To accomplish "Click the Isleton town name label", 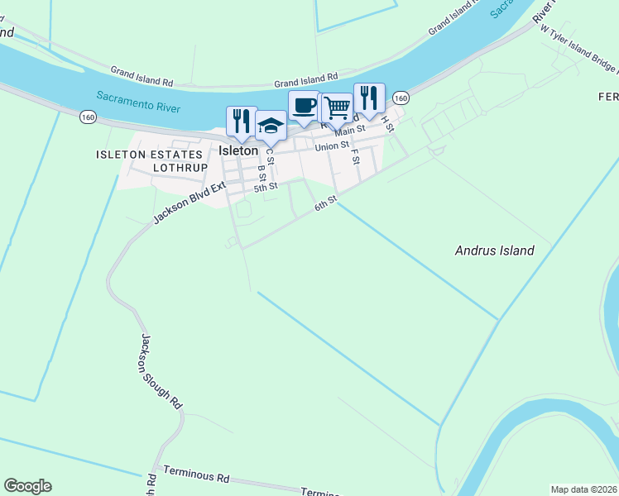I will tap(238, 151).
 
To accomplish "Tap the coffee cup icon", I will tap(304, 105).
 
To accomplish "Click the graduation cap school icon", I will tap(271, 126).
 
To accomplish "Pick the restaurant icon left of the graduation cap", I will tap(242, 121).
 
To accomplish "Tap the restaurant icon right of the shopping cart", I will tap(369, 98).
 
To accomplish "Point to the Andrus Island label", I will tap(495, 250).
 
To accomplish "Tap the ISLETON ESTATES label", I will tap(149, 155).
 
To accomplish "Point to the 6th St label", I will tap(325, 203).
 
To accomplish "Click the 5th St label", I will tap(265, 188).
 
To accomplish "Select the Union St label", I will tap(332, 146).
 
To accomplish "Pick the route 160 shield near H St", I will tap(401, 98).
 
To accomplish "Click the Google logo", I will tap(27, 486).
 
